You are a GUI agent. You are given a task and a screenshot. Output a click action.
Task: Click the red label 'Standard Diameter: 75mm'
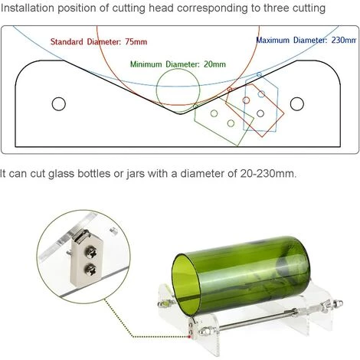coord(99,41)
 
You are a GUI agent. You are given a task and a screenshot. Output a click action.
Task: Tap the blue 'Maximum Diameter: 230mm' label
coord(306,40)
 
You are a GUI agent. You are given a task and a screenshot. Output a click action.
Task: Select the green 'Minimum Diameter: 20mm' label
coord(178,64)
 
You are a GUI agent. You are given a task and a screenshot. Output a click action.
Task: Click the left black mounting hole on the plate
coord(59,104)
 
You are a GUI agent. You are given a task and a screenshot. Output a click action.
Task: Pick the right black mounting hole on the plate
coord(297,104)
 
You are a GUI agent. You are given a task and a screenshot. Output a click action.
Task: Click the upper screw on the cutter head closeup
coord(92,253)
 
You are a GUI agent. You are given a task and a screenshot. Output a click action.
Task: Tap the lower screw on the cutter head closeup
coord(91,270)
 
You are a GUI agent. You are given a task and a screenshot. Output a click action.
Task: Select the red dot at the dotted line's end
coord(189,337)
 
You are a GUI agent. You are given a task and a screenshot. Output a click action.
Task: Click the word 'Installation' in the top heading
coord(28,8)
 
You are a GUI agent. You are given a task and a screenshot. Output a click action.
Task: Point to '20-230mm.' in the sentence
coord(268,173)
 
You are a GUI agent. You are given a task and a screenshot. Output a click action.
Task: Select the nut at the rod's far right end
coord(338,303)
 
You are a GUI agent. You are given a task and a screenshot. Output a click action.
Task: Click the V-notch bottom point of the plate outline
coord(180,113)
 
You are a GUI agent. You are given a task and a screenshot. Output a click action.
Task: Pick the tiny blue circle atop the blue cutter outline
coord(259,74)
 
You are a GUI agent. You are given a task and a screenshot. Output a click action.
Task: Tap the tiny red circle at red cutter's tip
coord(230,90)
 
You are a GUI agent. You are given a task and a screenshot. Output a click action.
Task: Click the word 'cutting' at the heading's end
coord(309,8)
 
